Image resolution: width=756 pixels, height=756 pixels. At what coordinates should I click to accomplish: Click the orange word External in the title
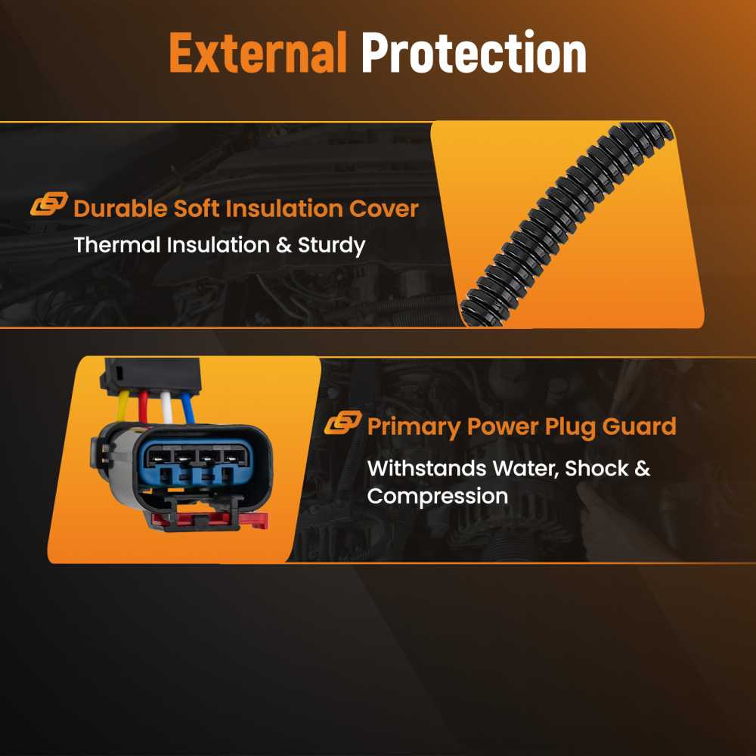258,52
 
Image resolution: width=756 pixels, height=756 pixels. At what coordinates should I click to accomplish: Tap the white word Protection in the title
474,51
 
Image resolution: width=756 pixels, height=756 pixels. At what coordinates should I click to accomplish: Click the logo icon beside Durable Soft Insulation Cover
49,203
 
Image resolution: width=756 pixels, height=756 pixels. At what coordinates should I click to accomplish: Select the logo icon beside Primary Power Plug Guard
342,423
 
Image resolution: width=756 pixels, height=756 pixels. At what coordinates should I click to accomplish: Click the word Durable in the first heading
120,209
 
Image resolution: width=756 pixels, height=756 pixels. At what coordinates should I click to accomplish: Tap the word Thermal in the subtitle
117,245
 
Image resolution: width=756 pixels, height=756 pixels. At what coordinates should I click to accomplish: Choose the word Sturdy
332,246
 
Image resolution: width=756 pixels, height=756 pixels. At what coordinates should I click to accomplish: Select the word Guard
640,426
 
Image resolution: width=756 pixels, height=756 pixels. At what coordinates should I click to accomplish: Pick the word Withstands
426,468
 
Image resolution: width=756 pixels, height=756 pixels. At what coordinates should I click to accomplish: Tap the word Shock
597,468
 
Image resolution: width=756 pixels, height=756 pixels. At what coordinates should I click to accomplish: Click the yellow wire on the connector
122,405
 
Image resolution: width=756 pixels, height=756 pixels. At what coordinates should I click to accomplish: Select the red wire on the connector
143,407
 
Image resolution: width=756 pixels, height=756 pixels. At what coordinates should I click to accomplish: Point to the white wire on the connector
166,407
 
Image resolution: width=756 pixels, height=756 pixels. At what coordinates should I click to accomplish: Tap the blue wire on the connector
187,408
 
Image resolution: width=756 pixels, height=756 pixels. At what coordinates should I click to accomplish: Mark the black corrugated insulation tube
566,225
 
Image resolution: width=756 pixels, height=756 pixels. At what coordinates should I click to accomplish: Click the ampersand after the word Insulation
284,245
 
